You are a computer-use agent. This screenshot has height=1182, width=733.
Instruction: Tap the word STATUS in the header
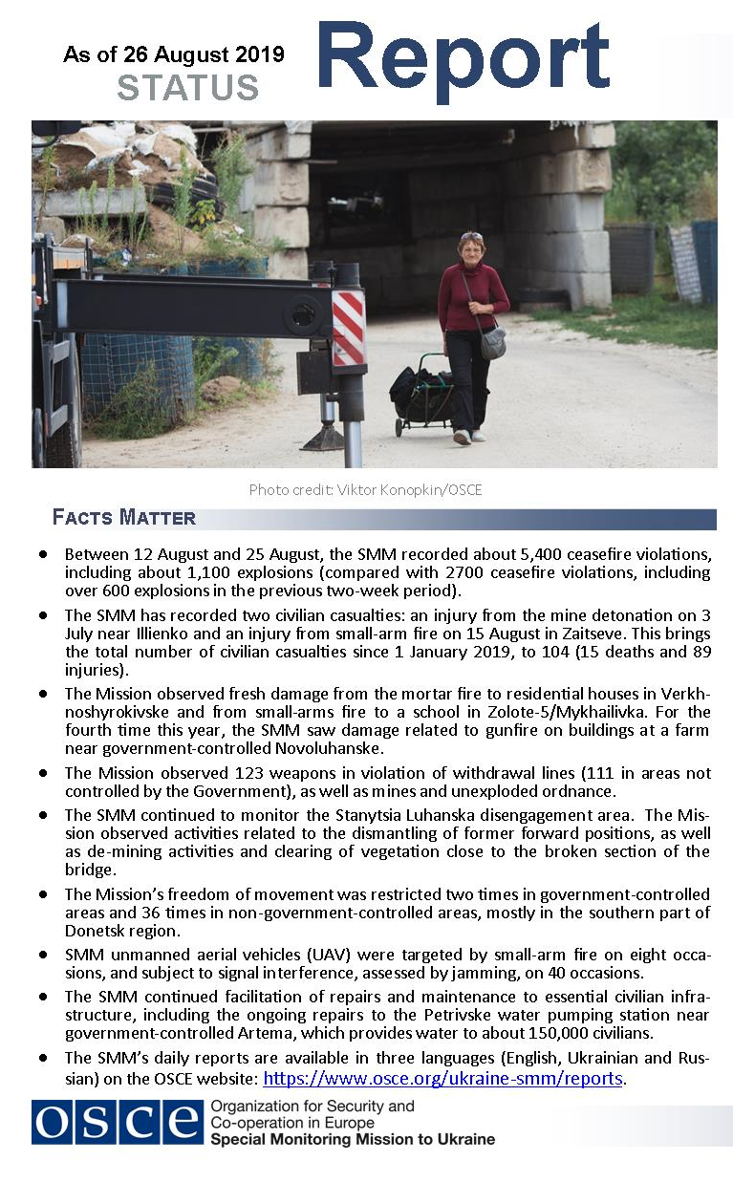[187, 88]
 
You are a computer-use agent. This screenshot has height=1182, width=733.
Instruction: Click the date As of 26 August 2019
[174, 54]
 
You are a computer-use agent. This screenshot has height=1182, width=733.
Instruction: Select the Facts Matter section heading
[124, 518]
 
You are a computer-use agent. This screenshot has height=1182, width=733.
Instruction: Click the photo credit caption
[365, 490]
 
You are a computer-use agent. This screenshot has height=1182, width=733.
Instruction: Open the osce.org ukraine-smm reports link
[442, 1079]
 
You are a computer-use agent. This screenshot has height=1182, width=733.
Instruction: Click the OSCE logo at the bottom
[117, 1123]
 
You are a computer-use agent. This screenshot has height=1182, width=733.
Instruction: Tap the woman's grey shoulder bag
[492, 342]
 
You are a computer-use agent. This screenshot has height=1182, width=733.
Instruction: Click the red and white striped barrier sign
[349, 329]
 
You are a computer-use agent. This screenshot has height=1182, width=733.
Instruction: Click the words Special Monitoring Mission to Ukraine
[352, 1139]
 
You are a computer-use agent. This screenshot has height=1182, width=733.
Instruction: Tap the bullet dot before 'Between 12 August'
[43, 554]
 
